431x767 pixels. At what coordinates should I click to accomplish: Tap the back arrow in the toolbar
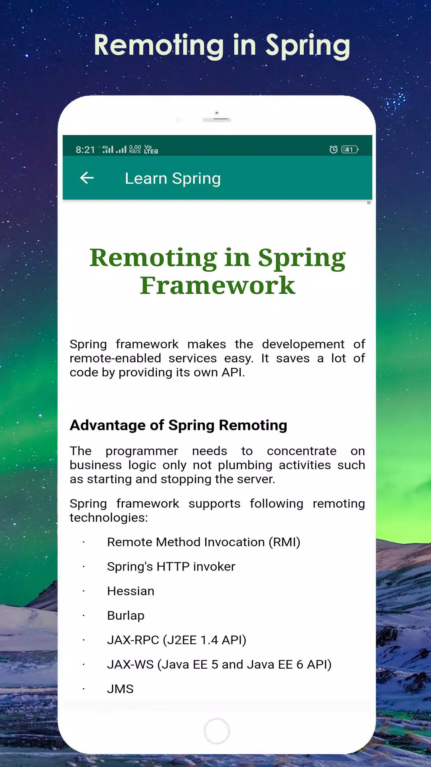pyautogui.click(x=87, y=178)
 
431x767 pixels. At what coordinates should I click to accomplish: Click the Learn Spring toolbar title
pyautogui.click(x=173, y=179)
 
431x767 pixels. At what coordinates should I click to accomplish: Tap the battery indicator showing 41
pyautogui.click(x=350, y=149)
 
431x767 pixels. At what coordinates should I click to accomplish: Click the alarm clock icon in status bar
pyautogui.click(x=333, y=149)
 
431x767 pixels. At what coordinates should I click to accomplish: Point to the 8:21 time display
pyautogui.click(x=85, y=150)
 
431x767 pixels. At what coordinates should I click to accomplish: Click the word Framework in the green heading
pyautogui.click(x=217, y=286)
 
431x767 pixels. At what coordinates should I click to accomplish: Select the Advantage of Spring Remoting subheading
pyautogui.click(x=178, y=425)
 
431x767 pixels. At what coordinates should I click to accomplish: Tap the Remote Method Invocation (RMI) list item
pyautogui.click(x=204, y=542)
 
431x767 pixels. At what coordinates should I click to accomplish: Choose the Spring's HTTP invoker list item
pyautogui.click(x=171, y=566)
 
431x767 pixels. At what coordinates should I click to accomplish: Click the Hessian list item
pyautogui.click(x=130, y=591)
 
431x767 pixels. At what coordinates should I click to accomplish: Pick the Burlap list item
pyautogui.click(x=126, y=616)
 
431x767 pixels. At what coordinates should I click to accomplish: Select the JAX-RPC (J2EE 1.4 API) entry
pyautogui.click(x=176, y=640)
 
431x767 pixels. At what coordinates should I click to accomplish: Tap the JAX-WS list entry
pyautogui.click(x=219, y=664)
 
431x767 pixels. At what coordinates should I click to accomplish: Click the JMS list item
pyautogui.click(x=120, y=689)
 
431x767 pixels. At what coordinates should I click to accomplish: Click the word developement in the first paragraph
pyautogui.click(x=303, y=344)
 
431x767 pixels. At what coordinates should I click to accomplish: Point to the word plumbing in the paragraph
pyautogui.click(x=245, y=465)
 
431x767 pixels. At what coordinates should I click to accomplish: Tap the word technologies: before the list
pyautogui.click(x=109, y=518)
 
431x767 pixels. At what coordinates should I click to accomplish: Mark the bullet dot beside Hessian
pyautogui.click(x=84, y=591)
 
